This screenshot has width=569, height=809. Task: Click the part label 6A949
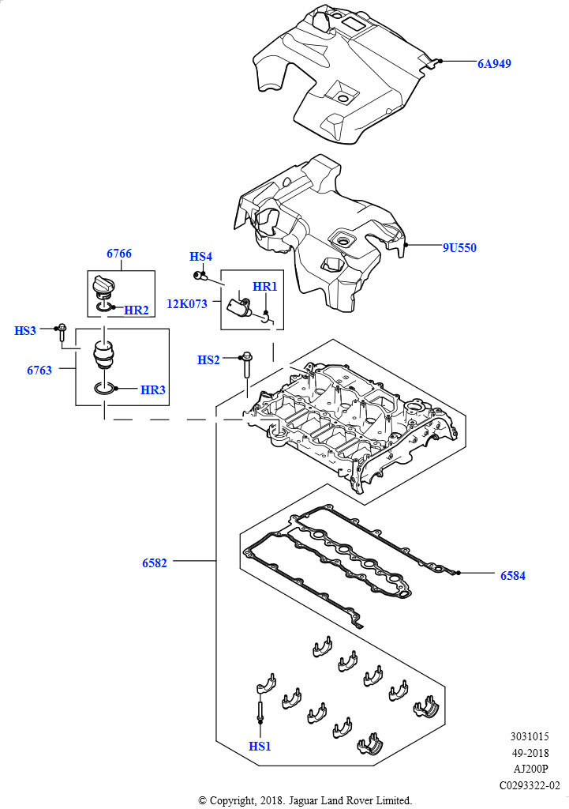[494, 63]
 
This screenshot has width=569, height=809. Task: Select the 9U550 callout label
[459, 247]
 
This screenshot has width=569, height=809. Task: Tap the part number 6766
[119, 254]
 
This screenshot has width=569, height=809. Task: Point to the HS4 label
[200, 257]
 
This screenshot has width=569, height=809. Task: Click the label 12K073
[186, 304]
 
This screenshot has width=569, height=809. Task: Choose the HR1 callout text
[265, 286]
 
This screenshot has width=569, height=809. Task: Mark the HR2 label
[137, 310]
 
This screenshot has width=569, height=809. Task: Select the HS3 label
[25, 331]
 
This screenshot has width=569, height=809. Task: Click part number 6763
[39, 371]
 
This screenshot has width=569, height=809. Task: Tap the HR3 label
[153, 390]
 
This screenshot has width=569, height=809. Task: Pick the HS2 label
[208, 360]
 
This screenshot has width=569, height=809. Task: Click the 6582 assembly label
[155, 563]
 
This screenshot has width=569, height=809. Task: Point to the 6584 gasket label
[513, 576]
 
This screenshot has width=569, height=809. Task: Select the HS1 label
[260, 746]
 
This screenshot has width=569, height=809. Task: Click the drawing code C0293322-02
[530, 786]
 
